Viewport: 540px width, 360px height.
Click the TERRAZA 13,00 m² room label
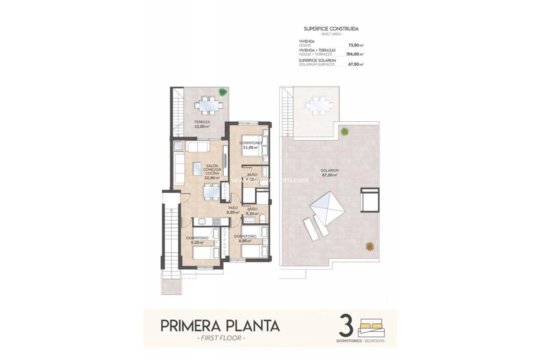(x=202, y=124)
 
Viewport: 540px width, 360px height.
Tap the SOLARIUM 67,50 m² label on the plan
(x=329, y=172)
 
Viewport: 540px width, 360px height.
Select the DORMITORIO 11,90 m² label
(x=250, y=145)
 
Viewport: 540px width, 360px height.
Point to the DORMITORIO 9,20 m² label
(x=197, y=240)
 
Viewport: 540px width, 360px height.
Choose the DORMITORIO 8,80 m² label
(x=245, y=238)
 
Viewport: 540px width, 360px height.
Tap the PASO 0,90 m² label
(x=233, y=210)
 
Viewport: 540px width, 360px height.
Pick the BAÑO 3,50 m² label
(x=252, y=211)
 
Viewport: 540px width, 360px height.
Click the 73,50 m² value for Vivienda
(x=355, y=45)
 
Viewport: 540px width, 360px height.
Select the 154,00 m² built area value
(x=355, y=54)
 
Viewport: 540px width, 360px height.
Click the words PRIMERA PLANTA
(x=220, y=326)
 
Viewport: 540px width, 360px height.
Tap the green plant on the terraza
(x=222, y=92)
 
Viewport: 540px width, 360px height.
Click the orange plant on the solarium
(x=369, y=246)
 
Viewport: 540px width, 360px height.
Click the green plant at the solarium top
(x=344, y=131)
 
